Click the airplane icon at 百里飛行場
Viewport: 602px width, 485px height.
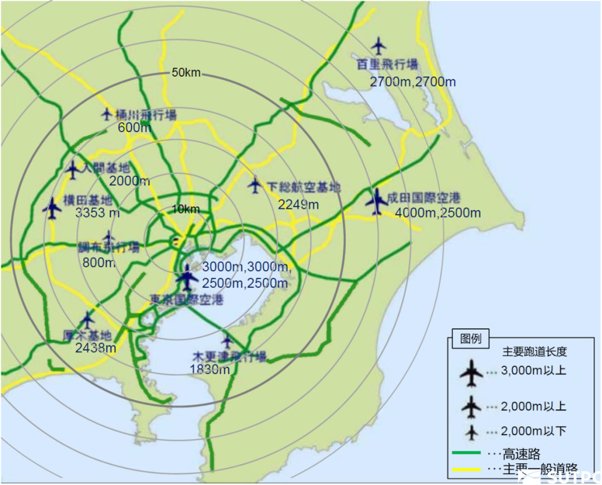click(379, 45)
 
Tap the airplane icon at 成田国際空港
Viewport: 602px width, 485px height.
click(377, 201)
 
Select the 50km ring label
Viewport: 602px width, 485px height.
click(186, 73)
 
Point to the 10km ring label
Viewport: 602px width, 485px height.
click(186, 209)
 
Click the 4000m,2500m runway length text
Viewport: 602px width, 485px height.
click(438, 212)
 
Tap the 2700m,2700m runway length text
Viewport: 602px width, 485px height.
click(412, 82)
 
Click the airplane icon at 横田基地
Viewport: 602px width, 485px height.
click(52, 208)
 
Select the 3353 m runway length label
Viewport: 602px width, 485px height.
click(98, 212)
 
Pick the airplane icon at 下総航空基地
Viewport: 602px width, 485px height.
click(255, 186)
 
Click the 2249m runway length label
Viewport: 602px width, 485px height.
click(298, 205)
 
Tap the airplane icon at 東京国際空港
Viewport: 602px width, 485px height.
click(187, 277)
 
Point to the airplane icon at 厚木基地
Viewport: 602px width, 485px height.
click(87, 320)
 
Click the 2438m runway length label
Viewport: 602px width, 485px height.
click(96, 348)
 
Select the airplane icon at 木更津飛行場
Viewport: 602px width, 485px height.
click(226, 339)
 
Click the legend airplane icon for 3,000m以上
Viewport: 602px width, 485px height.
click(472, 372)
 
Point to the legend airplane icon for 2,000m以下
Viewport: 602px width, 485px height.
click(472, 432)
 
